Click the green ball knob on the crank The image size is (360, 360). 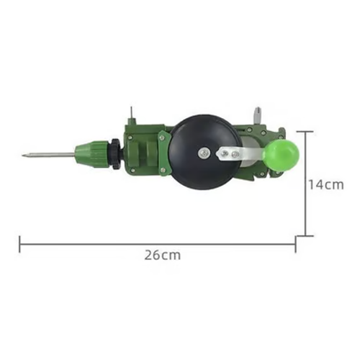(279, 154)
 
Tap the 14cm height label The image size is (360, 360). (325, 184)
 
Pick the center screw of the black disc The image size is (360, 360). (204, 152)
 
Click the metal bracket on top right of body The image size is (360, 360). (257, 117)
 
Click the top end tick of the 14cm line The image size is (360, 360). (305, 132)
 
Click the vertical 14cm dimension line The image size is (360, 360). (305, 184)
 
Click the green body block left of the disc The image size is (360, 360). (144, 151)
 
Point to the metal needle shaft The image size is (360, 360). (50, 154)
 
